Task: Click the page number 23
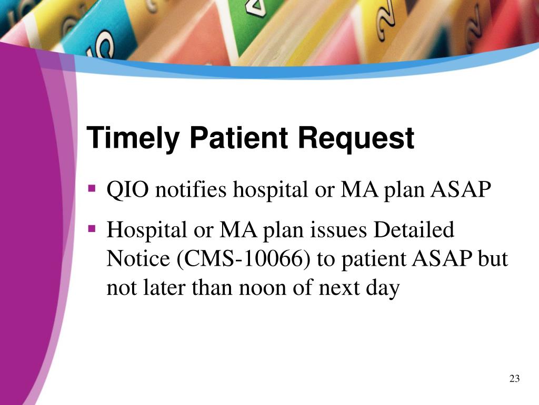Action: coord(514,379)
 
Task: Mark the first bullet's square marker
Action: coord(92,187)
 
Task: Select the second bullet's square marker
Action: coord(92,228)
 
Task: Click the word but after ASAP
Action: coord(494,259)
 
